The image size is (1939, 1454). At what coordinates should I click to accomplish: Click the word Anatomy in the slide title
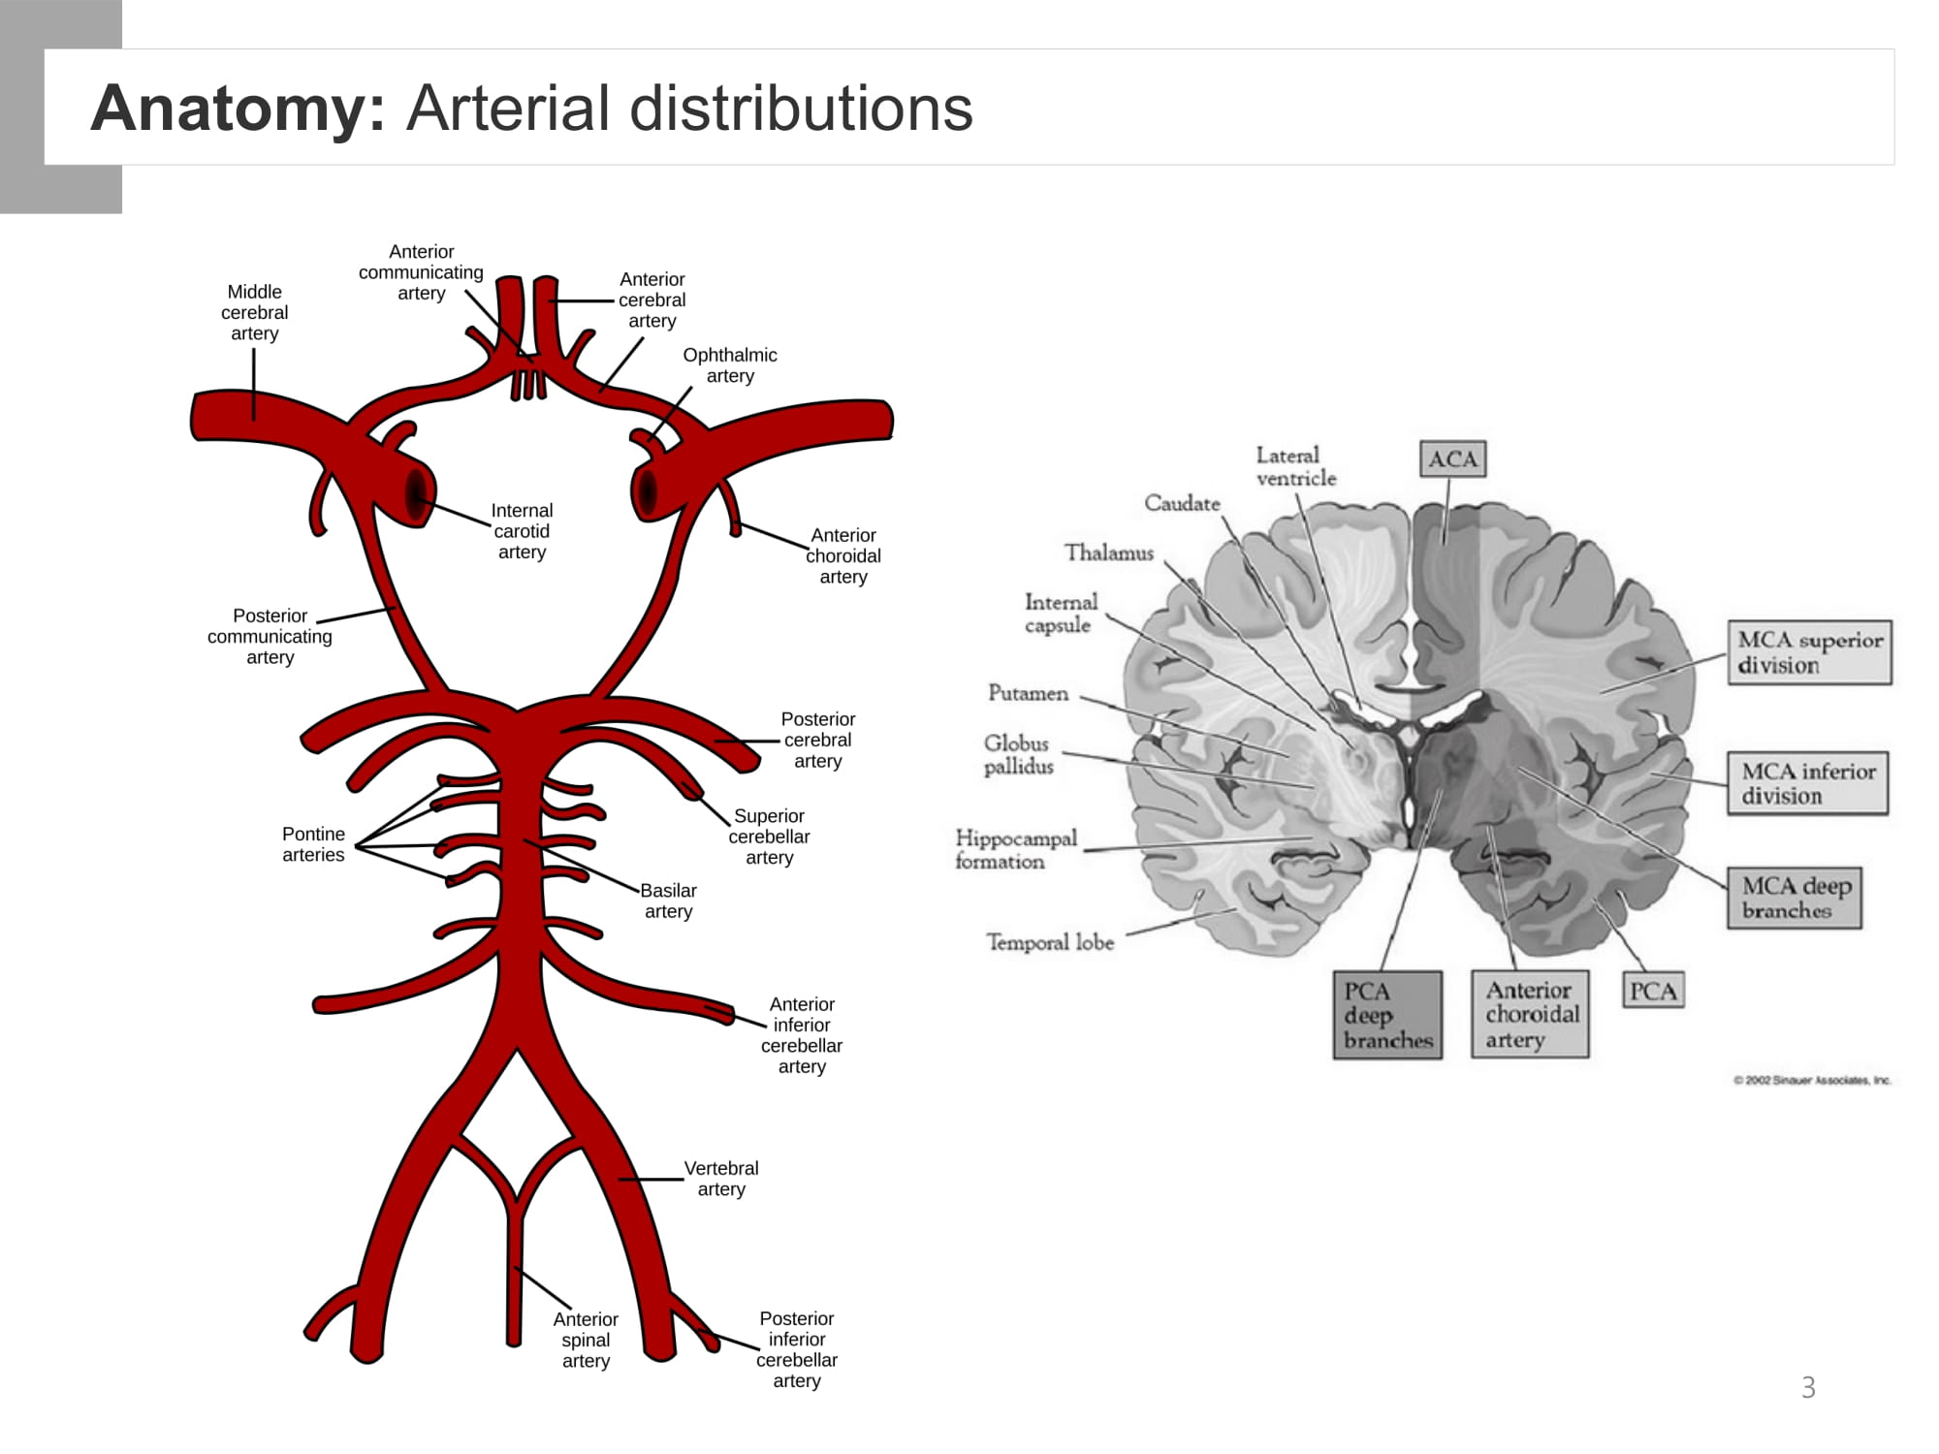pyautogui.click(x=238, y=108)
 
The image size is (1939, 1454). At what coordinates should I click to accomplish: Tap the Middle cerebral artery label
pyautogui.click(x=254, y=312)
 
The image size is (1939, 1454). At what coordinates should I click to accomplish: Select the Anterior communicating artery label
pyautogui.click(x=421, y=272)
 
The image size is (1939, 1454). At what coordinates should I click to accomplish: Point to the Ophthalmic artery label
pyautogui.click(x=730, y=365)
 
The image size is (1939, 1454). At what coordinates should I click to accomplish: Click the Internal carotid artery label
pyautogui.click(x=522, y=531)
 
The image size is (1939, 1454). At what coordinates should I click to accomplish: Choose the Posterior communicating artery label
pyautogui.click(x=270, y=636)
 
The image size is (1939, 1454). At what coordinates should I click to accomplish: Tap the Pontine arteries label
pyautogui.click(x=313, y=844)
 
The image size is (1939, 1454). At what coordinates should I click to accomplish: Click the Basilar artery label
pyautogui.click(x=668, y=901)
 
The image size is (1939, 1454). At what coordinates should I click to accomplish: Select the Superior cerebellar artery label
pyautogui.click(x=769, y=837)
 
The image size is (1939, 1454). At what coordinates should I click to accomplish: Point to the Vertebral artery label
pyautogui.click(x=721, y=1179)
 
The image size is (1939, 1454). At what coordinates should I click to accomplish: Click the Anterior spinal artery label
pyautogui.click(x=586, y=1340)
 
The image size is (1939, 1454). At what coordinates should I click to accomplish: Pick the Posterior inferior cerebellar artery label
pyautogui.click(x=797, y=1349)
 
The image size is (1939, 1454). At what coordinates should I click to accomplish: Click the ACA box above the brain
pyautogui.click(x=1453, y=458)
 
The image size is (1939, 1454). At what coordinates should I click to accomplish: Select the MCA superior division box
pyautogui.click(x=1809, y=652)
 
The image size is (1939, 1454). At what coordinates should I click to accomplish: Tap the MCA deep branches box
pyautogui.click(x=1795, y=899)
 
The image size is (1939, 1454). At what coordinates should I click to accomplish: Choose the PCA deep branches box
pyautogui.click(x=1387, y=1015)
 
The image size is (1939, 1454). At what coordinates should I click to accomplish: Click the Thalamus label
pyautogui.click(x=1109, y=553)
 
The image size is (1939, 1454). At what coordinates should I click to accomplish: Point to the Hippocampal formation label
pyautogui.click(x=1016, y=849)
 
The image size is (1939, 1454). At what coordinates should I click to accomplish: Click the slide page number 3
pyautogui.click(x=1808, y=1388)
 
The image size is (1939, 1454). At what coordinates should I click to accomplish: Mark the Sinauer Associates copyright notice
pyautogui.click(x=1812, y=1080)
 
